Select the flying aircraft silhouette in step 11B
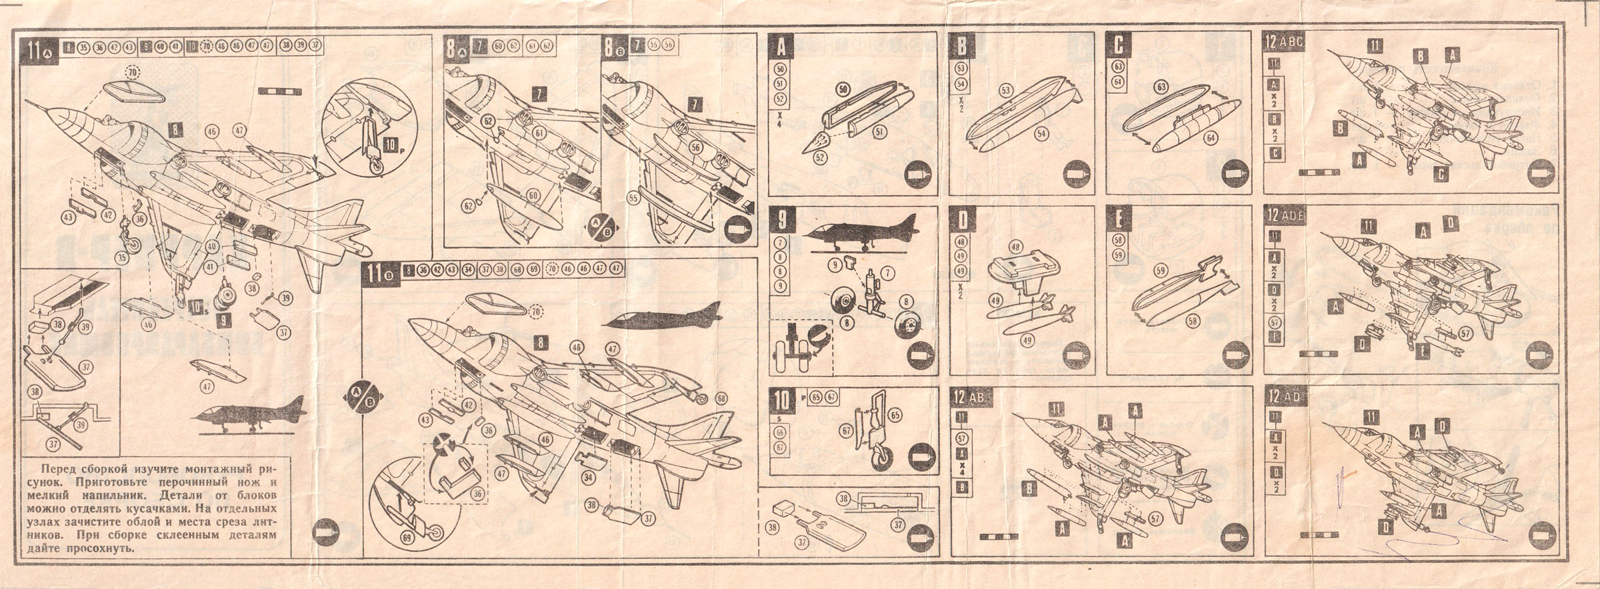(663, 314)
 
